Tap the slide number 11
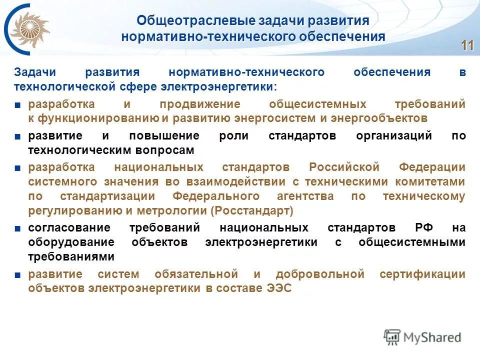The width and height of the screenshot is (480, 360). pyautogui.click(x=467, y=45)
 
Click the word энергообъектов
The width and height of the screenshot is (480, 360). pyautogui.click(x=384, y=118)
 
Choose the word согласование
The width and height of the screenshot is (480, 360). pyautogui.click(x=62, y=228)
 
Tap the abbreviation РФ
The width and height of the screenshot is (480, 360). pyautogui.click(x=422, y=228)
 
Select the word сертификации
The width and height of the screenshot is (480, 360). pyautogui.click(x=422, y=274)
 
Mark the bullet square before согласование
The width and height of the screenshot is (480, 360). pyautogui.click(x=17, y=228)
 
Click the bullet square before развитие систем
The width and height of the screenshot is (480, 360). pyautogui.click(x=17, y=274)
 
